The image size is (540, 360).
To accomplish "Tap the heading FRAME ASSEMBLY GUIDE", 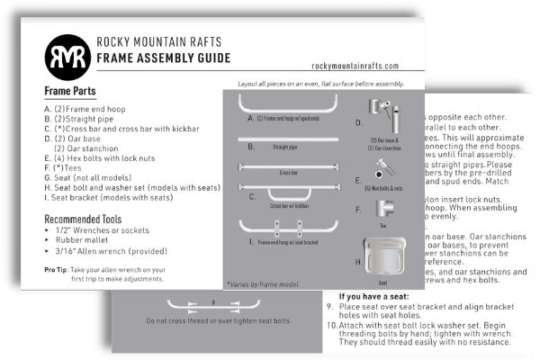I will tap(163, 58).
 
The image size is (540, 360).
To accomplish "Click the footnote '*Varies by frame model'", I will tap(264, 284).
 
